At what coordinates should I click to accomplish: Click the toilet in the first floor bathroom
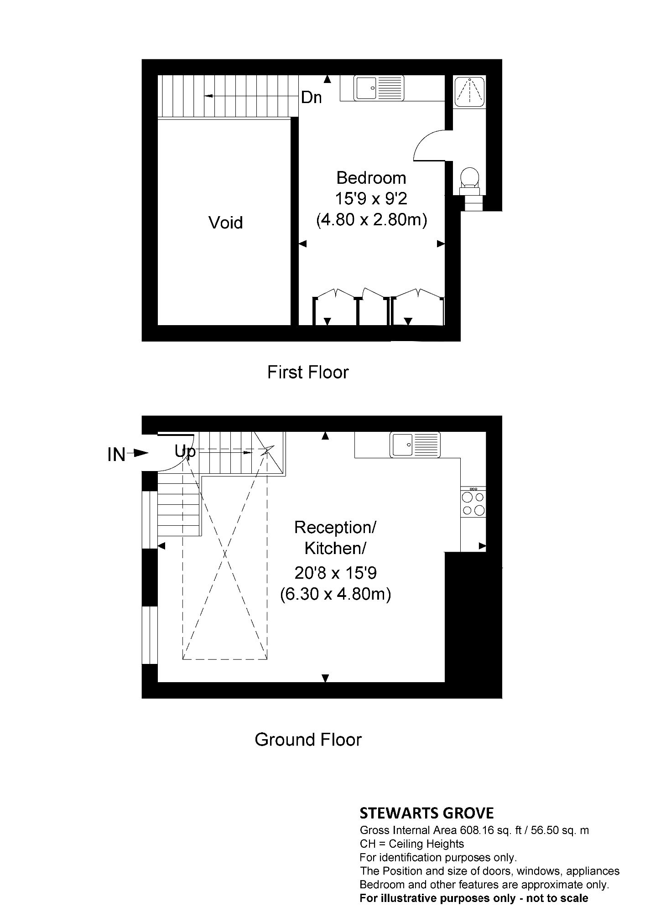coord(469,180)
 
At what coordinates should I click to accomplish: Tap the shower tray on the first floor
coord(469,91)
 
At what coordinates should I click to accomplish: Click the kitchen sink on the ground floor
coord(415,444)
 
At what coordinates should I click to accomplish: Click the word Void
coord(226,223)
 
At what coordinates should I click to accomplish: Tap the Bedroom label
coord(371,177)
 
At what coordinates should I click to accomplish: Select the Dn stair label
coord(312,98)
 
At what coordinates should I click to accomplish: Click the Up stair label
coord(185,451)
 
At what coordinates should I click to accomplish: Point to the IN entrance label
coord(116,455)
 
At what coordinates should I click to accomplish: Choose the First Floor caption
coord(308,372)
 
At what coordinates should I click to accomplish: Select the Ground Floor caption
coord(308,739)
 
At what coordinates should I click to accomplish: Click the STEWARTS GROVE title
coord(427,813)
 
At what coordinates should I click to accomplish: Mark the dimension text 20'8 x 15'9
coord(336,573)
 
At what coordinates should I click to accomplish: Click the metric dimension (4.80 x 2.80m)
coord(372,221)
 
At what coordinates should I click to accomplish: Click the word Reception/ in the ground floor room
coord(335,528)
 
